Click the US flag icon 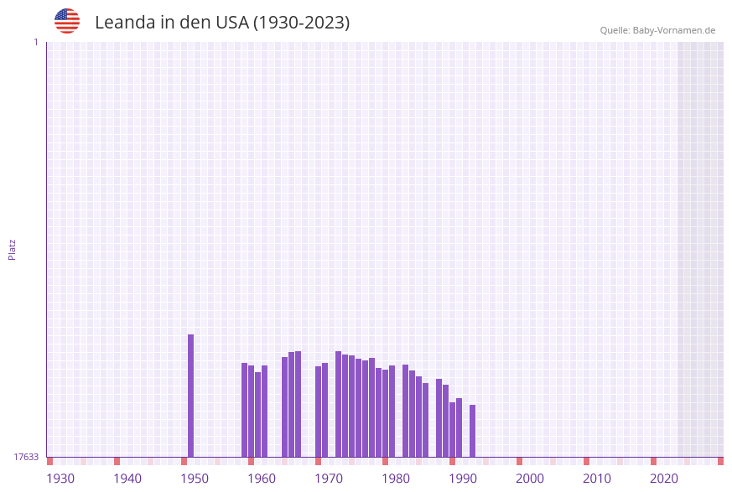point(67,21)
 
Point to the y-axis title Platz point(13,249)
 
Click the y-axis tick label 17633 point(26,457)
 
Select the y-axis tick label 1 point(35,42)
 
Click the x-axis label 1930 point(60,479)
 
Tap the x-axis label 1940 point(127,479)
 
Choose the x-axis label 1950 point(195,479)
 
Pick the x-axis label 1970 point(329,479)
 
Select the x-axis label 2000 point(530,479)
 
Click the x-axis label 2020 point(664,479)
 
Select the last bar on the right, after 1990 point(472,431)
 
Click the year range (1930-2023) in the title point(301,23)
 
